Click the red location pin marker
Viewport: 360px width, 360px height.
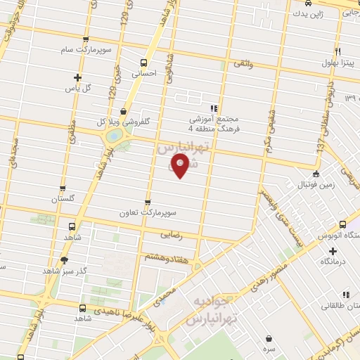click(180, 166)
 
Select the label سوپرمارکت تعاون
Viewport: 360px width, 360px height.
click(150, 212)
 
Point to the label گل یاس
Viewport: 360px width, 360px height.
click(78, 88)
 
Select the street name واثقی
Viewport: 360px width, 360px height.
click(242, 64)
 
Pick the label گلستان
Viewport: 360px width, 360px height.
click(63, 200)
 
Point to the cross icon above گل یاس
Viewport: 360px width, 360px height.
click(77, 77)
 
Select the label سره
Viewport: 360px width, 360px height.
click(269, 349)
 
